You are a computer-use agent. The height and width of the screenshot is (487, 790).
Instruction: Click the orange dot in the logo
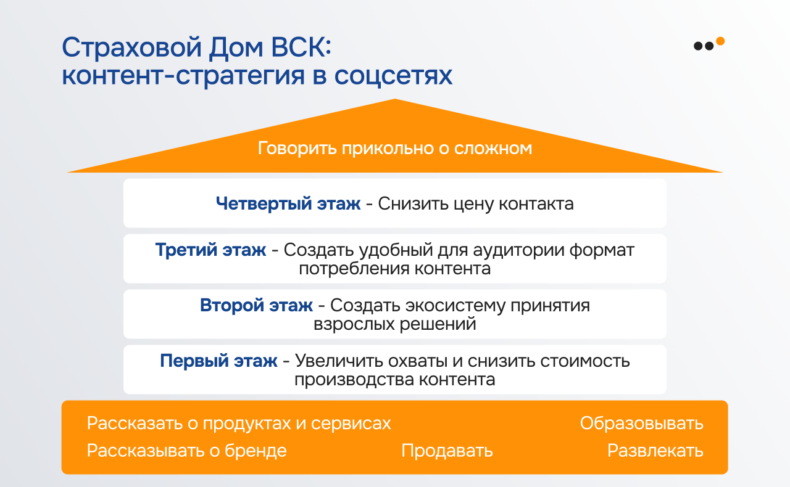[x=720, y=41]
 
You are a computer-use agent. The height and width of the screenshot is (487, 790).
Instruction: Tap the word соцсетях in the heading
[x=393, y=76]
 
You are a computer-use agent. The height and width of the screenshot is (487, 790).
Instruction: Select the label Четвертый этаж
[x=288, y=203]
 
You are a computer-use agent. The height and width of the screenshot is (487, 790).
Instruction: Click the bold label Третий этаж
[x=210, y=250]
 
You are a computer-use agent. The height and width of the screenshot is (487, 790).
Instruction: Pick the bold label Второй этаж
[x=256, y=305]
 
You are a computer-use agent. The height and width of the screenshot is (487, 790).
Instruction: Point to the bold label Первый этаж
[x=218, y=361]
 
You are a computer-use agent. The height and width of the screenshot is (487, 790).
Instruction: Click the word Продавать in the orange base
[x=447, y=451]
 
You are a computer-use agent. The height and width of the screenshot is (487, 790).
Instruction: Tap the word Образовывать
[x=641, y=424]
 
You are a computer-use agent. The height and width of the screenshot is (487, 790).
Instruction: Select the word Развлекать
[x=655, y=451]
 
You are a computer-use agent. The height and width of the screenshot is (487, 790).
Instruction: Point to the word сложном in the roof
[x=493, y=149]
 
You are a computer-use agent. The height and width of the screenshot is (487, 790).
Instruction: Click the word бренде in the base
[x=256, y=451]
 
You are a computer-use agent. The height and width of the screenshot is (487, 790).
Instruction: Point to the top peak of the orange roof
[x=394, y=99]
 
